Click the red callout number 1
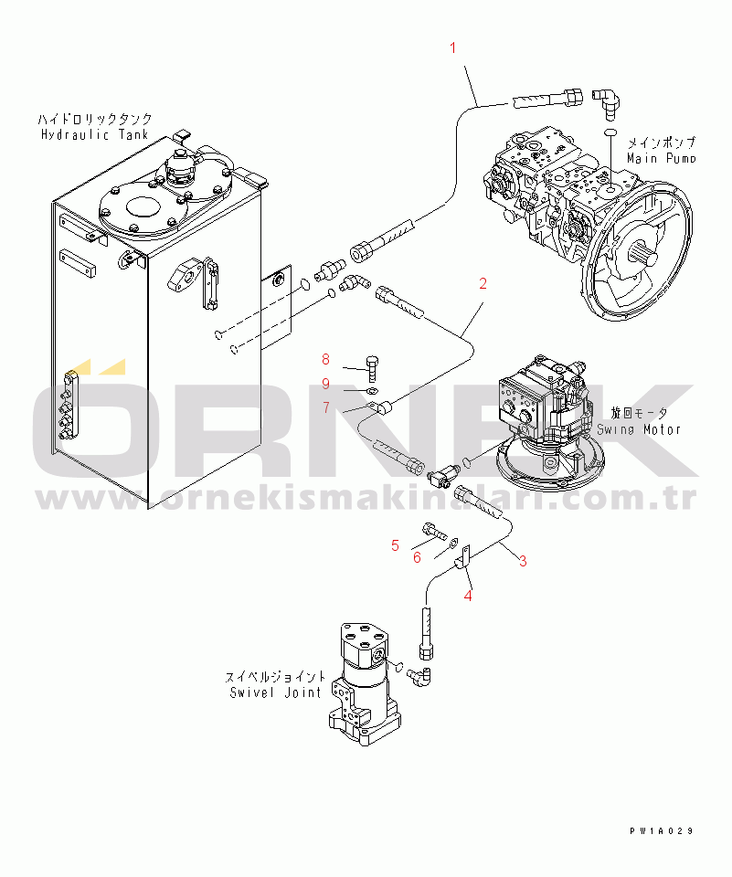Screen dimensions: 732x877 point(452,48)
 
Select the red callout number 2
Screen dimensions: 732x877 point(483,283)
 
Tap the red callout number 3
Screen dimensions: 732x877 point(523,561)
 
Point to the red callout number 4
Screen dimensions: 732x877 point(468,597)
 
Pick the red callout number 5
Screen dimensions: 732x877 point(395,545)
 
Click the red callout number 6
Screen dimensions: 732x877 point(417,557)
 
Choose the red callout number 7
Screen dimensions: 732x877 point(326,407)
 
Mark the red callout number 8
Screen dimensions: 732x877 point(325,359)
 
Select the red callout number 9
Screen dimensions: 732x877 point(325,384)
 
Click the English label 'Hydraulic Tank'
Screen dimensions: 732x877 point(94,134)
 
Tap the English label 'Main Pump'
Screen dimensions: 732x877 point(661,158)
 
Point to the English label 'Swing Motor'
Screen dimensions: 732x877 point(639,429)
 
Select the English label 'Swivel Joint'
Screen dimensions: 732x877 point(275,692)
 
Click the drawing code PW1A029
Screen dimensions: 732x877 point(662,831)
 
